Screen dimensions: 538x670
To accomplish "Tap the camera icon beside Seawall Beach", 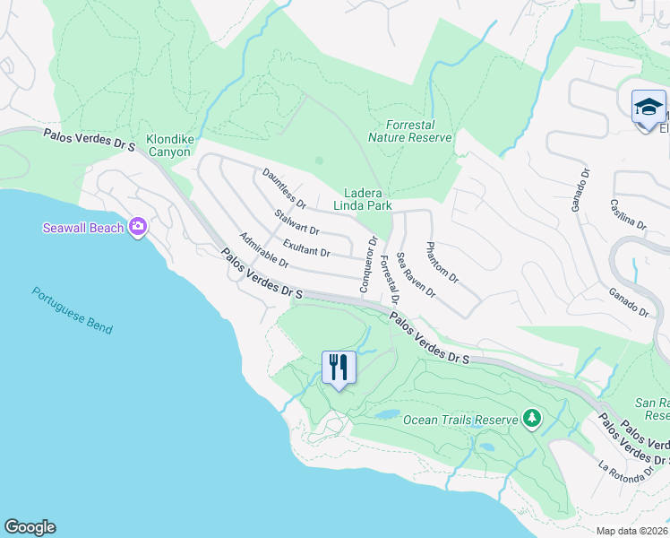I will click(138, 228).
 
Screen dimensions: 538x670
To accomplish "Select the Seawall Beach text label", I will click(83, 228).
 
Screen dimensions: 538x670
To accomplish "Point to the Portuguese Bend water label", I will click(73, 310).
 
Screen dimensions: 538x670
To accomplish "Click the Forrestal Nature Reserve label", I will click(410, 131).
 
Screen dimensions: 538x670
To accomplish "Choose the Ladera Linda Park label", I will click(363, 199).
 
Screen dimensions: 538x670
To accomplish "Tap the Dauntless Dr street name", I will click(284, 187).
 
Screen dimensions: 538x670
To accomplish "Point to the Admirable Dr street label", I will click(263, 250).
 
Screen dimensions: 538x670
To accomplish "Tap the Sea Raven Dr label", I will click(416, 274).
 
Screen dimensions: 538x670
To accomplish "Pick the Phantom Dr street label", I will click(442, 263).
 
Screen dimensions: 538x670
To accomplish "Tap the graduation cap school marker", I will click(648, 108).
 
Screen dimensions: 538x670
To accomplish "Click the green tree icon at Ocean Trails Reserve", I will click(532, 419).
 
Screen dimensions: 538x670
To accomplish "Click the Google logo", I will click(30, 527).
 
